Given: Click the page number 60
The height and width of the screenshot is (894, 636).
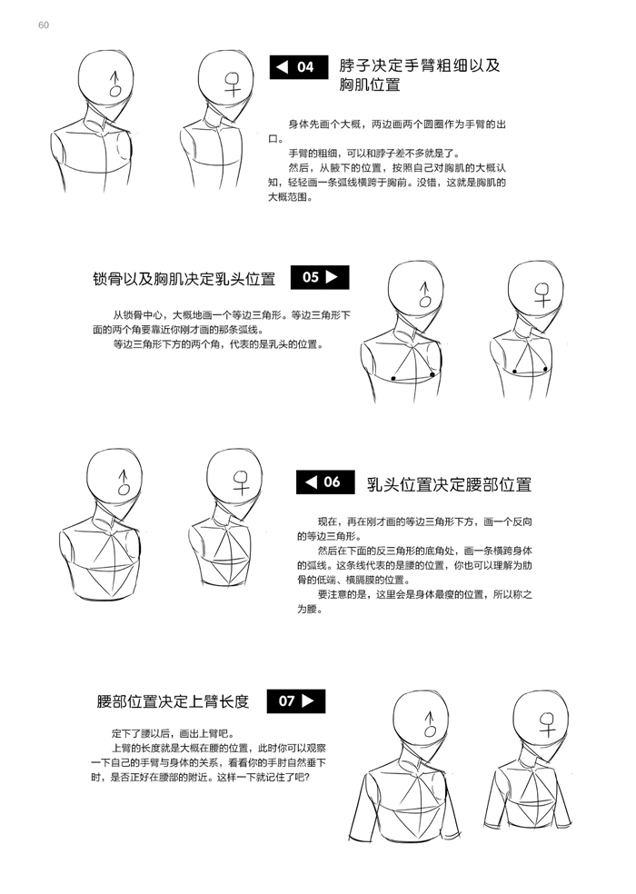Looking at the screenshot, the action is pyautogui.click(x=44, y=25).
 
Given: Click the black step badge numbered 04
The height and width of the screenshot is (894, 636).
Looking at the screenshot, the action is pyautogui.click(x=299, y=67).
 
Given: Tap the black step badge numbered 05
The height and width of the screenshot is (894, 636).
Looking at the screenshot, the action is pyautogui.click(x=320, y=277).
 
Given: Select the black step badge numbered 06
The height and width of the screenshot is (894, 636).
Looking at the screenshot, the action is pyautogui.click(x=325, y=482).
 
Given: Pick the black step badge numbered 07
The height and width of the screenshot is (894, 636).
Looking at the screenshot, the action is pyautogui.click(x=296, y=700).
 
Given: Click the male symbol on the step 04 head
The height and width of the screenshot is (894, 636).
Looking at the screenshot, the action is pyautogui.click(x=115, y=84).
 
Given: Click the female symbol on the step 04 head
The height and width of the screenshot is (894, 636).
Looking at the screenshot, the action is pyautogui.click(x=233, y=84).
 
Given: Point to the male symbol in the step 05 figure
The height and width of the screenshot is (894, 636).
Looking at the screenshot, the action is pyautogui.click(x=424, y=294).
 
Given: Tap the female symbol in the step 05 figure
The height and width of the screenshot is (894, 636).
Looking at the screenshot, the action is pyautogui.click(x=543, y=294).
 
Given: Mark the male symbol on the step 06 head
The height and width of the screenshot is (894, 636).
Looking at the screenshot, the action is pyautogui.click(x=124, y=482).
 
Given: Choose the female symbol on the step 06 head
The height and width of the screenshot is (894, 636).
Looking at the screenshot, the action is pyautogui.click(x=242, y=482).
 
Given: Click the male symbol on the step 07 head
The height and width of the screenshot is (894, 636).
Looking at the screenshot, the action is pyautogui.click(x=431, y=724).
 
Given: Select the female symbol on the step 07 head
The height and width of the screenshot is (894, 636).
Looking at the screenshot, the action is pyautogui.click(x=547, y=723).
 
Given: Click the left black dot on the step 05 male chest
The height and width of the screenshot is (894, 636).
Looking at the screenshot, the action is pyautogui.click(x=393, y=378).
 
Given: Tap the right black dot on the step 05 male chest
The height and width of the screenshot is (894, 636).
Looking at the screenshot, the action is pyautogui.click(x=432, y=374).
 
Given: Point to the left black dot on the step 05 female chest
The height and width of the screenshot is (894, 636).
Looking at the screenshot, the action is pyautogui.click(x=514, y=372).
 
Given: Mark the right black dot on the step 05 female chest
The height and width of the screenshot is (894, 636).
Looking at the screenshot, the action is pyautogui.click(x=545, y=370).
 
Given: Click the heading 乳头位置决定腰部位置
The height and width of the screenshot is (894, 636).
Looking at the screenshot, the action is pyautogui.click(x=449, y=484).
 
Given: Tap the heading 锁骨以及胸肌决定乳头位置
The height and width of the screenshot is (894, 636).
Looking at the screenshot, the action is pyautogui.click(x=184, y=279).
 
